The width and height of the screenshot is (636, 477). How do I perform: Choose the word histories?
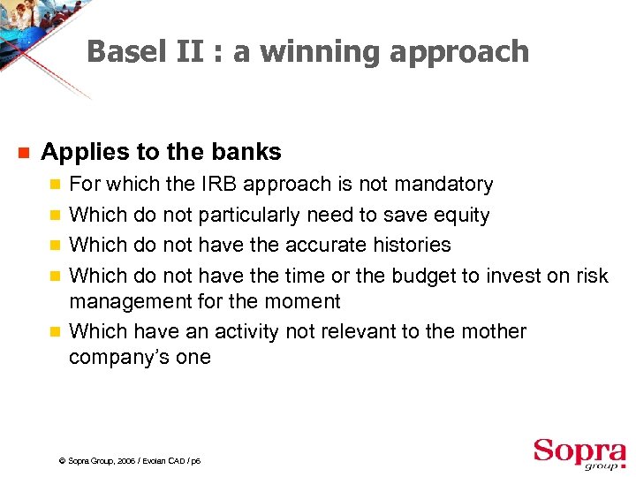[x=408, y=245]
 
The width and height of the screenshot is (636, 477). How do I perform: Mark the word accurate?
[x=318, y=245]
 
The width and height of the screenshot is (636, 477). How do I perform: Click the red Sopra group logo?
[x=579, y=453]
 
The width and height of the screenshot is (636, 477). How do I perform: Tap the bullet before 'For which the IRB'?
[x=56, y=185]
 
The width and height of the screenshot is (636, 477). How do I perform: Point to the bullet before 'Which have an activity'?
[x=56, y=332]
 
